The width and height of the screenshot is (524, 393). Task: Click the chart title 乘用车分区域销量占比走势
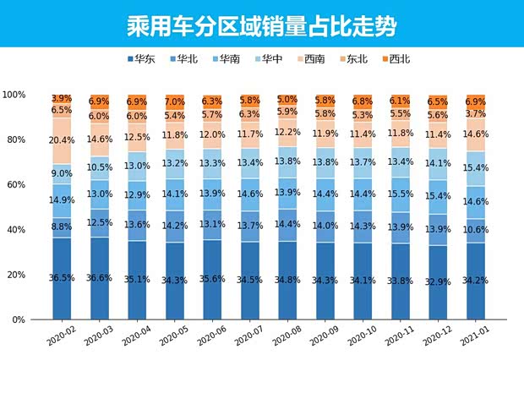[x=261, y=26]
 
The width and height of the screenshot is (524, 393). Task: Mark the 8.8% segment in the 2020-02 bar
[x=62, y=227]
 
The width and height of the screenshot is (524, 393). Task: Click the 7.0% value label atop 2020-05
[x=174, y=101]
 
